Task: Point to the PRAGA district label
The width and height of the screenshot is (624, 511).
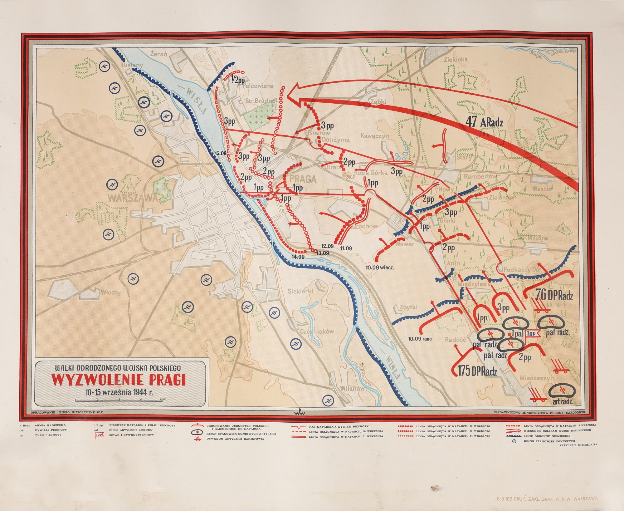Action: (303, 179)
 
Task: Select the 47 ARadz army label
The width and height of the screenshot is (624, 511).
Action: (484, 122)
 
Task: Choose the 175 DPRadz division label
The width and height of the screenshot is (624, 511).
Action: (477, 371)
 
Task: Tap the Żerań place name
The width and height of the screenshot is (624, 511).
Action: (158, 54)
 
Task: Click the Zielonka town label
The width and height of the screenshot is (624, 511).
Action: (456, 59)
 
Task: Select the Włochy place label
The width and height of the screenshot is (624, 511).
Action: (110, 292)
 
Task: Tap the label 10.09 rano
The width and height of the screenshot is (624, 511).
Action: (420, 339)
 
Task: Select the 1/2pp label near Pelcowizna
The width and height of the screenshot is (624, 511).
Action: (237, 80)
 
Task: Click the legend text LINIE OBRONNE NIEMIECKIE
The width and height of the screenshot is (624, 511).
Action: (545, 436)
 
